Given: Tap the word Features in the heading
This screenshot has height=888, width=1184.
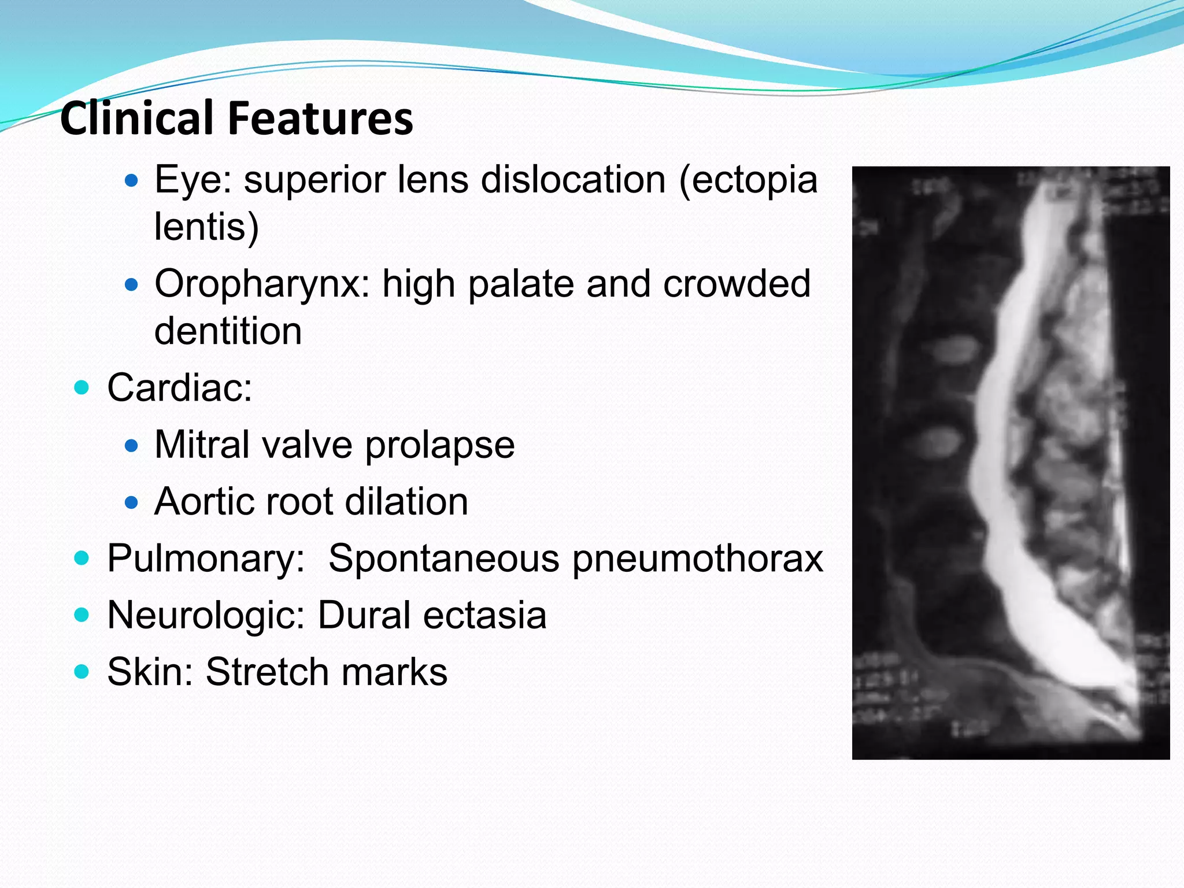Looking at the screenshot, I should (320, 118).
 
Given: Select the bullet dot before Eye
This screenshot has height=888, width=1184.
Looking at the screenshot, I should (132, 181).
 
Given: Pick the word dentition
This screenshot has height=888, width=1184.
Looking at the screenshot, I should (228, 331).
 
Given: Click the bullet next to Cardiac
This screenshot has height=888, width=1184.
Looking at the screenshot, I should (82, 387).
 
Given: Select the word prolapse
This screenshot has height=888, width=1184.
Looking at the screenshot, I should (439, 446).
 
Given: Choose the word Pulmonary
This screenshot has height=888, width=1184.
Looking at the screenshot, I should (206, 559).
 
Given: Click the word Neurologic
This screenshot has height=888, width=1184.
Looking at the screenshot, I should (206, 615).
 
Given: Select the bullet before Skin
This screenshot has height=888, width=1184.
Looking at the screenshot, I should (82, 672).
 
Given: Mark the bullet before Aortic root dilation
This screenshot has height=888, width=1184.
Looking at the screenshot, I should (132, 502).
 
